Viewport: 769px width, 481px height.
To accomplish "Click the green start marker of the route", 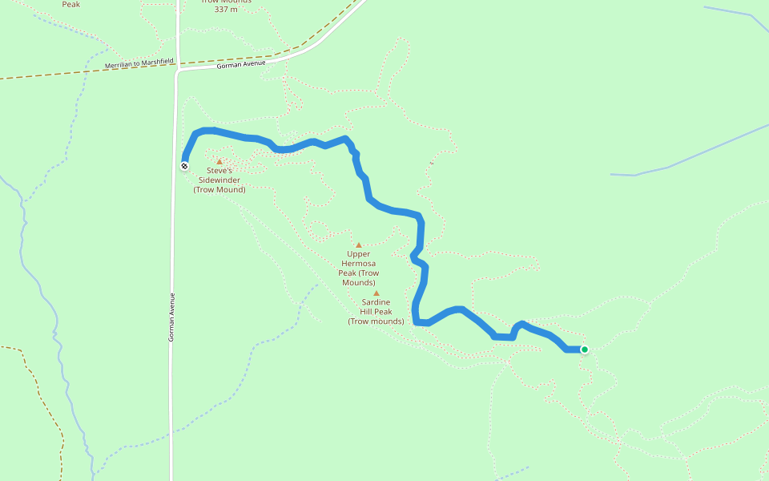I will (x=585, y=350).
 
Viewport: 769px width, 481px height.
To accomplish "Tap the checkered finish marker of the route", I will (x=185, y=166).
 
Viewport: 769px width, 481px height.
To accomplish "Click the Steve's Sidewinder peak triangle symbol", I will (x=219, y=161).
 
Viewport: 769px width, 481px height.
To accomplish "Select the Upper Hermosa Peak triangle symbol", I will (x=359, y=245).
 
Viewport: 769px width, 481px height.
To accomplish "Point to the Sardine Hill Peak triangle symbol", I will (x=376, y=293).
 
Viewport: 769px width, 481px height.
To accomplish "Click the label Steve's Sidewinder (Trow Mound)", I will (x=219, y=180).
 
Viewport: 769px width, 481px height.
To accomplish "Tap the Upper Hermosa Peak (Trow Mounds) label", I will (x=359, y=269).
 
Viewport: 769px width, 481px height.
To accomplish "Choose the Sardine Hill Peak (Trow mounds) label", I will (x=376, y=312).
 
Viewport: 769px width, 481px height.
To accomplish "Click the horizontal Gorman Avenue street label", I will (x=240, y=66).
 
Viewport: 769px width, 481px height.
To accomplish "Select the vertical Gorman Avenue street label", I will (x=171, y=317).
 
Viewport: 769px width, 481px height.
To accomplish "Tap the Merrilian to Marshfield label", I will (x=139, y=63).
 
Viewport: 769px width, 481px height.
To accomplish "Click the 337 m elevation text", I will (x=227, y=10).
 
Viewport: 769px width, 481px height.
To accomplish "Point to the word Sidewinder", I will (x=219, y=180).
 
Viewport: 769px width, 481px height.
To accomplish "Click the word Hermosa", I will (x=359, y=264).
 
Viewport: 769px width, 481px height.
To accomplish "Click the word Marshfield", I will (x=157, y=61).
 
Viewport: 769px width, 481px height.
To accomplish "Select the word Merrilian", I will (x=118, y=64).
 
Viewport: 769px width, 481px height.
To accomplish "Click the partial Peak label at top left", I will (x=71, y=4).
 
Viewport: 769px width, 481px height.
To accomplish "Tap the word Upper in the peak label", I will (x=359, y=254).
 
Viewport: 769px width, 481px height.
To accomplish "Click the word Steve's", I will (x=219, y=171).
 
